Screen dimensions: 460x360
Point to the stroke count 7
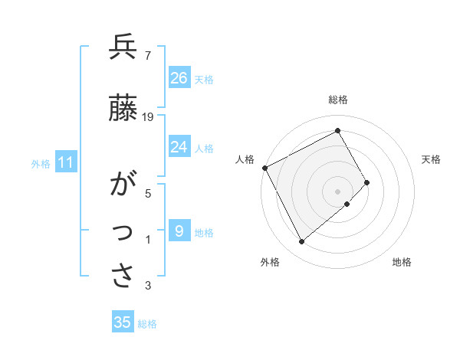[x=148, y=56]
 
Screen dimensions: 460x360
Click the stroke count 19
[x=149, y=117]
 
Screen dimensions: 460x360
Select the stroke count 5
[x=148, y=194]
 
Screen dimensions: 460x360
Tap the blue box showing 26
[x=179, y=78]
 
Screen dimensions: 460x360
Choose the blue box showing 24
[x=179, y=147]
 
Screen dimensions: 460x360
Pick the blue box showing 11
[x=66, y=163]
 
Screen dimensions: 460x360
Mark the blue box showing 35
[x=123, y=322]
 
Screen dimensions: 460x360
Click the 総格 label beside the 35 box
[x=147, y=324]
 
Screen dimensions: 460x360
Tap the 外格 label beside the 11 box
[x=41, y=164]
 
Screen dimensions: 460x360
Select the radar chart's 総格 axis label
[x=337, y=100]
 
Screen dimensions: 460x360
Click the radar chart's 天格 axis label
[x=431, y=159]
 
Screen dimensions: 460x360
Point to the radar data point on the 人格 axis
[x=264, y=168]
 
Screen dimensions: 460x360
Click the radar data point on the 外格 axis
[x=301, y=242]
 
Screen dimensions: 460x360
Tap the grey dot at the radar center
[x=337, y=191]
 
